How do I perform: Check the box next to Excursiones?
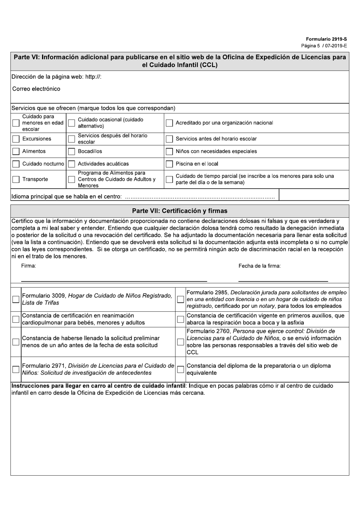pos(16,139)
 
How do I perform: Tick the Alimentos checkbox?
pos(16,151)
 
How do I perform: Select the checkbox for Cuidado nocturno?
pos(16,164)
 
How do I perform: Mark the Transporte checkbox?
pos(16,179)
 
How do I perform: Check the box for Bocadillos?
pos(71,151)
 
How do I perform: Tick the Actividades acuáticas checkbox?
pos(71,164)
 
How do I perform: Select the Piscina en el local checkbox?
pos(169,164)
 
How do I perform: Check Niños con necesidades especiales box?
pos(169,151)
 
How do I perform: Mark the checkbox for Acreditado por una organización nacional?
pos(169,123)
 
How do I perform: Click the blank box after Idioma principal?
pos(313,195)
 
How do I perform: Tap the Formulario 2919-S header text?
pos(326,39)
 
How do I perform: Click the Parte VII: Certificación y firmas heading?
pos(180,211)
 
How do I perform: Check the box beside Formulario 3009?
pos(16,299)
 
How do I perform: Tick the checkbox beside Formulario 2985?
pos(180,299)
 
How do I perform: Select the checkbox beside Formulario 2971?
pos(16,369)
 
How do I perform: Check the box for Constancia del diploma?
pos(180,369)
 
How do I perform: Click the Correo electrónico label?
pos(36,89)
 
